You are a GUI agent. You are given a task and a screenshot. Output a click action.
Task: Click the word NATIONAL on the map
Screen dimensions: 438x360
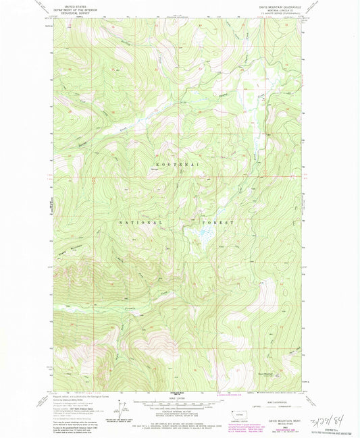[140, 222]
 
